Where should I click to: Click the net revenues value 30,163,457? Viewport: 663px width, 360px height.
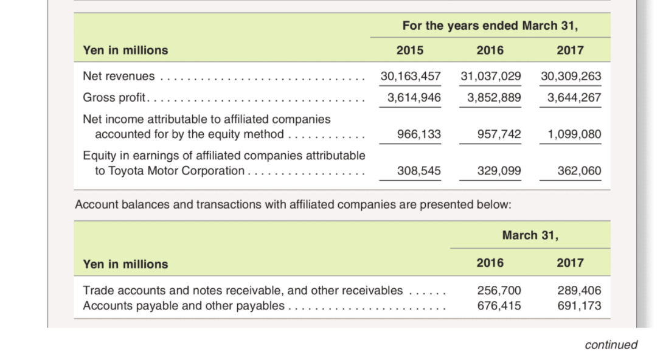(411, 76)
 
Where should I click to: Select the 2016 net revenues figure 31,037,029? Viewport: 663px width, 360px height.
(490, 76)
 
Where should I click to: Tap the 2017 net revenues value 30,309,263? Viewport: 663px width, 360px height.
(571, 76)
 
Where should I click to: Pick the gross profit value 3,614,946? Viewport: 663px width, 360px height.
(414, 97)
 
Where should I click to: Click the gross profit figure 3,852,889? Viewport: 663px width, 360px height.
(494, 97)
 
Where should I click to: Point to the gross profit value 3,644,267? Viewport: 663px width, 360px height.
(574, 97)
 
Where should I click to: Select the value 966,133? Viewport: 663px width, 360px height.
(419, 134)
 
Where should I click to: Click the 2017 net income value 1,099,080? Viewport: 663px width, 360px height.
(571, 134)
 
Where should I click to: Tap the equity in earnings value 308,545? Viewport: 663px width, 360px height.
(419, 171)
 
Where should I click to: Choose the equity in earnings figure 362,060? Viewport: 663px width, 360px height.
(579, 171)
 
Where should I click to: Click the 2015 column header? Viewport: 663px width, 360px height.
(410, 50)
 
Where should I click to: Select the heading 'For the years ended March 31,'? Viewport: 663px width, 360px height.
(490, 26)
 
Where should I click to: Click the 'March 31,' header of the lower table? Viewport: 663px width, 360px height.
(530, 235)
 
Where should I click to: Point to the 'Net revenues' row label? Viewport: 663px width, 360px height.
(119, 76)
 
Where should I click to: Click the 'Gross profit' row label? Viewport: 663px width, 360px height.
(114, 97)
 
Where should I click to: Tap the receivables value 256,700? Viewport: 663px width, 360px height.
(499, 291)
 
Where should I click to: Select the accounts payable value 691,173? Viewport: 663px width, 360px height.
(579, 305)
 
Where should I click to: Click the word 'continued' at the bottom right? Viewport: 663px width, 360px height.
(611, 345)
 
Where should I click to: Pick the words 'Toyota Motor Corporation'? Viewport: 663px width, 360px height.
(176, 171)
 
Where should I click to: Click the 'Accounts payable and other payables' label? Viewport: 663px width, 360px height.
(183, 305)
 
